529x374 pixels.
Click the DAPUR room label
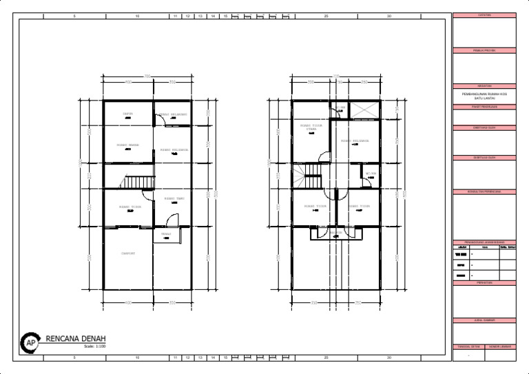(x=127, y=114)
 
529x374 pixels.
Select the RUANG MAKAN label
(x=128, y=145)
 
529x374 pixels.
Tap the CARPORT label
(x=128, y=253)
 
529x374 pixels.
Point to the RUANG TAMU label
(x=174, y=199)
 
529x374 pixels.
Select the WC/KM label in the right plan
(x=371, y=174)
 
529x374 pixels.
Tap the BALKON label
(x=335, y=233)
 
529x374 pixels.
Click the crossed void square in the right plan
(x=364, y=110)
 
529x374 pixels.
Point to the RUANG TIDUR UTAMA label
(x=311, y=127)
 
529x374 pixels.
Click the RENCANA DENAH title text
(x=76, y=339)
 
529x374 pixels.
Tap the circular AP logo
(x=30, y=342)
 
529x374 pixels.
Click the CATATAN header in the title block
(x=484, y=15)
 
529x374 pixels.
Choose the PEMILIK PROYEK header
(x=484, y=50)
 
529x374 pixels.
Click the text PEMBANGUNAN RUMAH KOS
(x=484, y=94)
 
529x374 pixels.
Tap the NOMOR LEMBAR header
(x=500, y=346)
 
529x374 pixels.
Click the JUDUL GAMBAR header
(x=484, y=320)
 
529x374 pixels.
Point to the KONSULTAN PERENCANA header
(x=484, y=191)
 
